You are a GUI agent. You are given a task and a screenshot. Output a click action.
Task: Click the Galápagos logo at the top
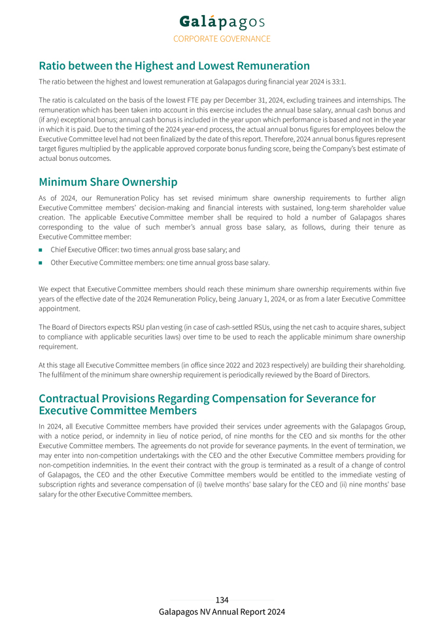point(222,22)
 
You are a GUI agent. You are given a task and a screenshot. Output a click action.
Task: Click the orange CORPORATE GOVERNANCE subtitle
point(222,39)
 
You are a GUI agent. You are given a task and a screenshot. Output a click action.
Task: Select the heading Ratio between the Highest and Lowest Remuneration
point(174,66)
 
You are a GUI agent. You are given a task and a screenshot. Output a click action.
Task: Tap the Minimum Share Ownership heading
point(108,182)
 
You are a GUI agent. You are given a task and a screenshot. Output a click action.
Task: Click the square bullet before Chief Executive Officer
point(41,250)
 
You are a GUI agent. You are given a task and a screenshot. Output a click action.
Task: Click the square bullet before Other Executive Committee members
point(41,263)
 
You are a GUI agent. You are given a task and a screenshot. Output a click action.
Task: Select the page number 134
point(222,600)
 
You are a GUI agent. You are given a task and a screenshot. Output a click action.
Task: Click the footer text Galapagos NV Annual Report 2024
point(222,612)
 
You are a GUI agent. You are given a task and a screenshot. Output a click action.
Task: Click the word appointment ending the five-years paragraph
point(59,309)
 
